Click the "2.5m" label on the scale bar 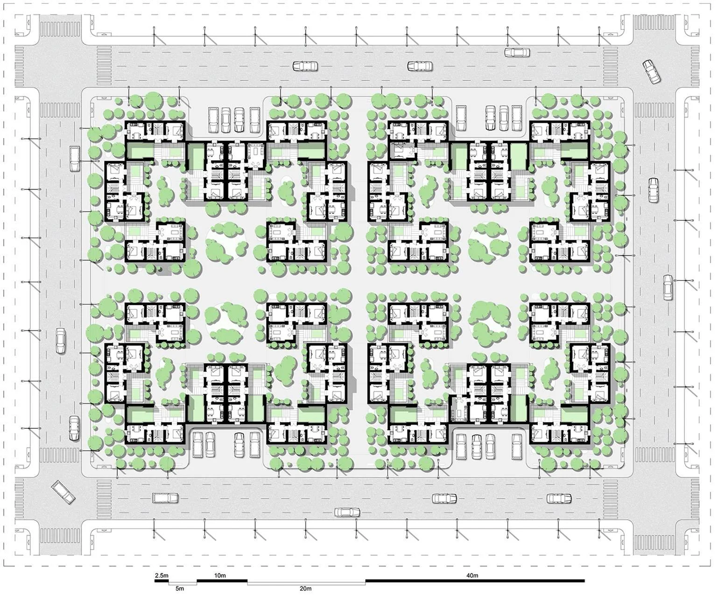coord(161,575)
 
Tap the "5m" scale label coord(180,588)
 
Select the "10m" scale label coord(220,575)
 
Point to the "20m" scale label coord(305,588)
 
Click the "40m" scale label coord(472,575)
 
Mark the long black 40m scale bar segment coord(475,581)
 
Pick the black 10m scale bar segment coord(222,581)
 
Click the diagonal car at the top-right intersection coord(652,71)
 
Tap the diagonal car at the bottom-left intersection coord(63,492)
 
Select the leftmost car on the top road coord(305,67)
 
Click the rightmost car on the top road coord(517,52)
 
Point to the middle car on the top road coord(420,66)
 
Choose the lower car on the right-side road coord(668,287)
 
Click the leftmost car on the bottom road coord(165,498)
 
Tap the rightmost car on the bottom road coord(559,498)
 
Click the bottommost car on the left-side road coord(74,428)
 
